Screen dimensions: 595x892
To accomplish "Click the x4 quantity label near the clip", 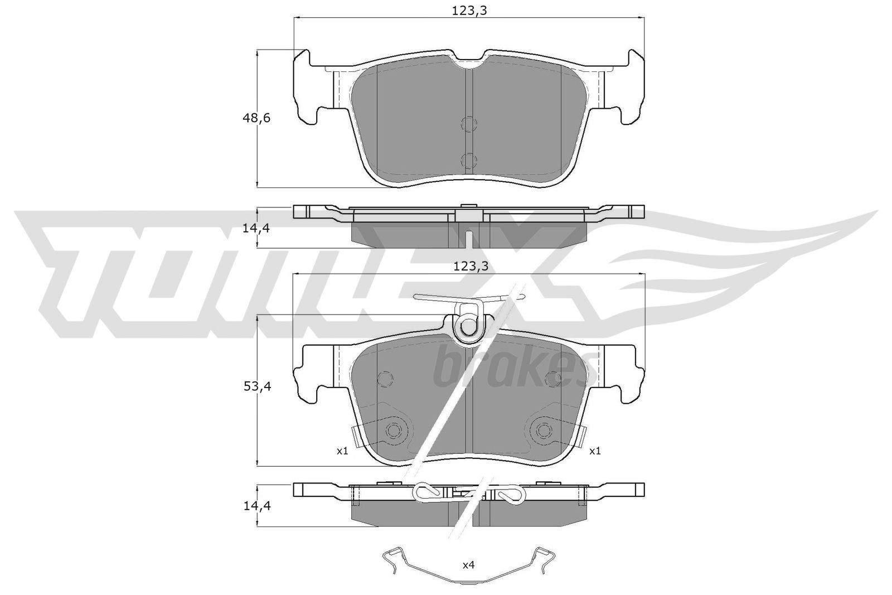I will (x=468, y=565).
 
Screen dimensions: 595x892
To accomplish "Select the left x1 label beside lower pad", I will (x=342, y=451).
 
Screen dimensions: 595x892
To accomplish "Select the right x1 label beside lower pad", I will (x=595, y=451).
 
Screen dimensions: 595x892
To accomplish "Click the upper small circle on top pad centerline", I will (x=469, y=125).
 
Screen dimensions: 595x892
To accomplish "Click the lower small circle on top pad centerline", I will (x=469, y=161).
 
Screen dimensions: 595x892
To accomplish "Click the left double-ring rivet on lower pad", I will (x=394, y=430).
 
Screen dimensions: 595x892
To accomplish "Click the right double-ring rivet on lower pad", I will (x=544, y=430).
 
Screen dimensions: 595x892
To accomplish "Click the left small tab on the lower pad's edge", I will (x=356, y=434).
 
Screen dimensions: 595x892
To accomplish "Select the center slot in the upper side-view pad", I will (x=468, y=239).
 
